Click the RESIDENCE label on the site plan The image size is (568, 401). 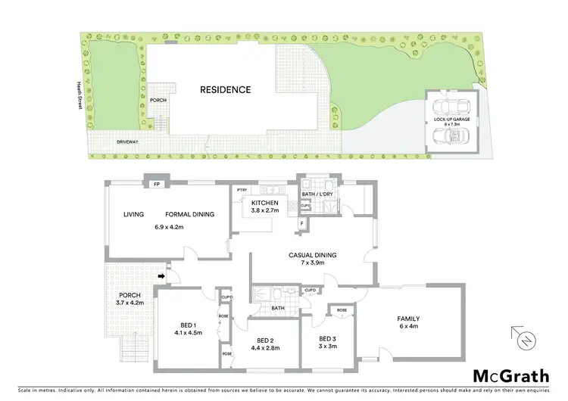point(225,89)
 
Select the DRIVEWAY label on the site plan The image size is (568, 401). point(129,141)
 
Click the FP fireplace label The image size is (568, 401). point(156,184)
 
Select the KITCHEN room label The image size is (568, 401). point(266,203)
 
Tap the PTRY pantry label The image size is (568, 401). point(242,190)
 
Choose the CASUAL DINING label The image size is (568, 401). point(311,255)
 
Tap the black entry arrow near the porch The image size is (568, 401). point(161,276)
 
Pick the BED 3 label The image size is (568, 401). point(327,338)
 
